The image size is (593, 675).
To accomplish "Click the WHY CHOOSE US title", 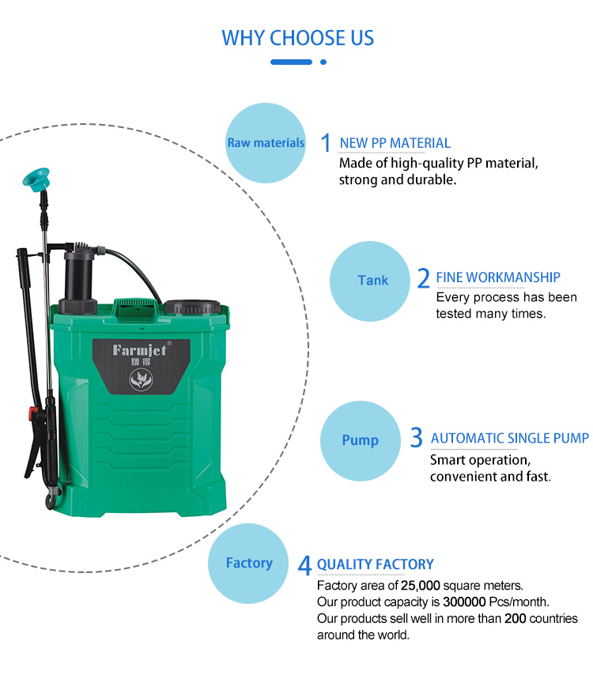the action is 297,38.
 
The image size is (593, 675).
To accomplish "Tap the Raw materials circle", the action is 266,143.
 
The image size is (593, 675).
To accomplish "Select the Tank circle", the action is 370,281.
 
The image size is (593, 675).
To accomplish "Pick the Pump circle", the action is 361,441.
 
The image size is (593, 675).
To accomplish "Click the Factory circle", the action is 248,563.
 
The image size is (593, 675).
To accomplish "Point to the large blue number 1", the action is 326,142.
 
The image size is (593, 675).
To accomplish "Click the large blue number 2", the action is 423,277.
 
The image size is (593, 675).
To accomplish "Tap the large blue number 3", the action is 417,437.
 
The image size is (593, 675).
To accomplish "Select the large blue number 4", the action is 304,565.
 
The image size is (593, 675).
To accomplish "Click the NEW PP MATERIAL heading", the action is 395,143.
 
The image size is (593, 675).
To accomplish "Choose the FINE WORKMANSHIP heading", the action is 498,277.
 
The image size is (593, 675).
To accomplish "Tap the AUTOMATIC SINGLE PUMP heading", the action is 510,438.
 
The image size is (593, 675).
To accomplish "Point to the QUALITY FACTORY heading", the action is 376,564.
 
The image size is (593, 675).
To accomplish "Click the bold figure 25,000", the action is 421,586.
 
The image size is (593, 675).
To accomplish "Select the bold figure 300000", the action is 464,601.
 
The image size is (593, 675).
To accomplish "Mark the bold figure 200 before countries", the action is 515,618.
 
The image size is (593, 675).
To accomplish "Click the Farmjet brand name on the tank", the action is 139,350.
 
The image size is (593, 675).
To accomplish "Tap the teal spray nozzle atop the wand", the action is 36,179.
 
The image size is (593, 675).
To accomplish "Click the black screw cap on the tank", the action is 192,307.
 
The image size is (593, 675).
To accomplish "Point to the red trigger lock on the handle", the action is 33,413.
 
